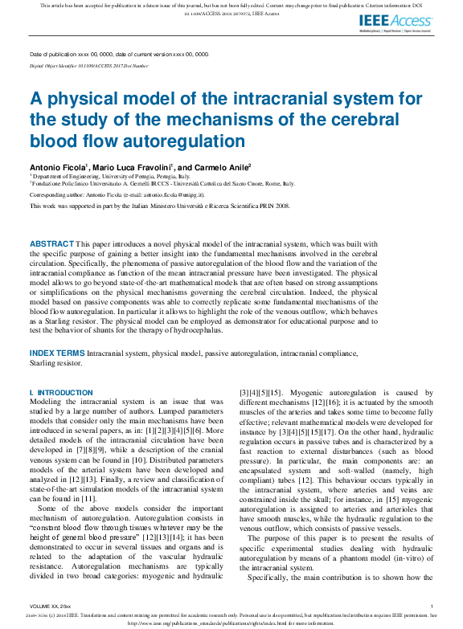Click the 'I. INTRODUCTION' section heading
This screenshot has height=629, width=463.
61,393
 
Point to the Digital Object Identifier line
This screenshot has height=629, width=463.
88,66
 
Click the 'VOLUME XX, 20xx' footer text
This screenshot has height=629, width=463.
50,605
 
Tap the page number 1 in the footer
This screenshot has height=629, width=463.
432,605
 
